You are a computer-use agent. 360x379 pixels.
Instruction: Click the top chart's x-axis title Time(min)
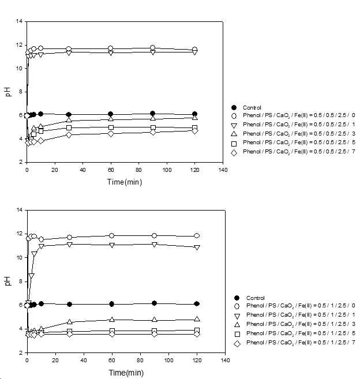125,182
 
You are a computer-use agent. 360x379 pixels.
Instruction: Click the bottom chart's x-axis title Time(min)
126,373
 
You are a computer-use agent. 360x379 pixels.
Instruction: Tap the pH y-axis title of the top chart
8,92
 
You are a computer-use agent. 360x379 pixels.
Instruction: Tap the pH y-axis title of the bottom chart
8,281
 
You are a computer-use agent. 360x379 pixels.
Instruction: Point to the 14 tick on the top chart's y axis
19,21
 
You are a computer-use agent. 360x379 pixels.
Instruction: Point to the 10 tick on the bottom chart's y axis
19,258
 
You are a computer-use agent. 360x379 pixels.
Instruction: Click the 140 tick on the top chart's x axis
223,170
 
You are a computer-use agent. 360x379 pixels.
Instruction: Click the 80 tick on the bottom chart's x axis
140,360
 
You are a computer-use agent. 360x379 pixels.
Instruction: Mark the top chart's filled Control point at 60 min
111,114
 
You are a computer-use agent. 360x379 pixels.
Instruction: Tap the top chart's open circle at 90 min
152,48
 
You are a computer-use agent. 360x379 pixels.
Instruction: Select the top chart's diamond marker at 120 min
194,131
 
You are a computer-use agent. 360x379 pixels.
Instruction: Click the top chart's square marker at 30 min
69,127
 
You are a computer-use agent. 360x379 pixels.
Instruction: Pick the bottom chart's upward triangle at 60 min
112,320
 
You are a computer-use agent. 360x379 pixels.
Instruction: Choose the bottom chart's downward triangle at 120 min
197,247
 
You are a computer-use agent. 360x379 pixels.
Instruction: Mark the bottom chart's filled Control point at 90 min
154,303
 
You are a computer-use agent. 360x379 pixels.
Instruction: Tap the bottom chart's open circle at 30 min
69,237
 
